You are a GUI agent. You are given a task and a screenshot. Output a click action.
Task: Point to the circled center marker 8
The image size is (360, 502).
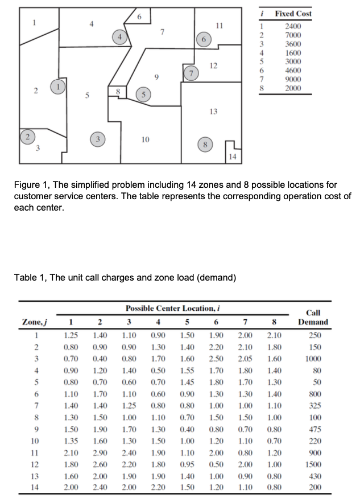[203, 144]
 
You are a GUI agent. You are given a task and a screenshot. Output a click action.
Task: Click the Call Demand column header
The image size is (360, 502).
[313, 316]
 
